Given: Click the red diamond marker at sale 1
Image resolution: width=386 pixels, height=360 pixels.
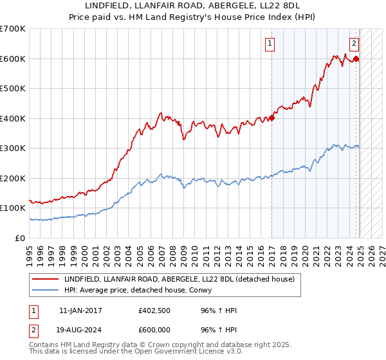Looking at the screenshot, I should click(x=272, y=118).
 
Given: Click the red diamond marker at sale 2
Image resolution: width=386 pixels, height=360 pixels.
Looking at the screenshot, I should click(x=356, y=59).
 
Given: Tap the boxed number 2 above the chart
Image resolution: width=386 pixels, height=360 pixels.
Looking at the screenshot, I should click(x=354, y=44).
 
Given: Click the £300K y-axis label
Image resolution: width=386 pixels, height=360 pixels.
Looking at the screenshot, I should click(x=12, y=148).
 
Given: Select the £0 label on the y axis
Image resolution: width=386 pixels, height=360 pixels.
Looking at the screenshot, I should click(x=21, y=238).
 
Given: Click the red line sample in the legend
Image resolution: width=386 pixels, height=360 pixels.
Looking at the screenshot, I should click(x=46, y=279).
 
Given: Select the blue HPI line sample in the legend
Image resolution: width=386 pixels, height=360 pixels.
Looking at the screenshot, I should click(x=46, y=291).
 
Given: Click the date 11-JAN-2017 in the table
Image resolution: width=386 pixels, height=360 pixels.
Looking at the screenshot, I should click(x=80, y=310).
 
